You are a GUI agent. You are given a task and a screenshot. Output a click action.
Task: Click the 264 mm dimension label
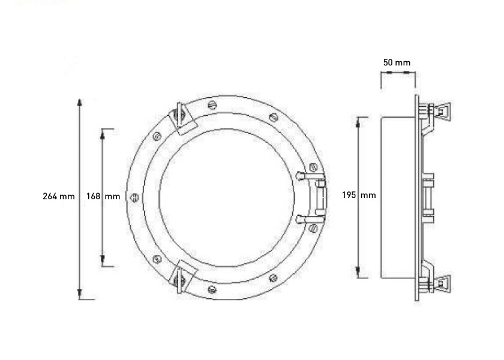(x=59, y=196)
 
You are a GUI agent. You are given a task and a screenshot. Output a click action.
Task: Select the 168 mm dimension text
(x=103, y=196)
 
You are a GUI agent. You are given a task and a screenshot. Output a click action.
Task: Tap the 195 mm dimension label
(x=359, y=195)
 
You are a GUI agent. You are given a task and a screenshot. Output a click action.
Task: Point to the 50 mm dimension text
(x=397, y=62)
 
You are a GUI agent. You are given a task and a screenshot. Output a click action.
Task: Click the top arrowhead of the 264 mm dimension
(x=80, y=101)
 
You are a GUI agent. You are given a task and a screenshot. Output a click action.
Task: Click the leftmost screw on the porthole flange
(x=135, y=196)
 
